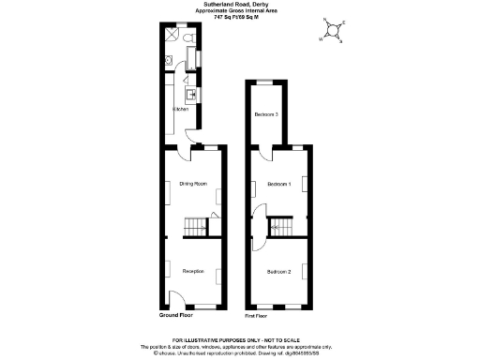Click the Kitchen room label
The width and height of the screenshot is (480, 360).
click(x=181, y=111)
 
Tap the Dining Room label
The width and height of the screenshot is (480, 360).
click(x=193, y=184)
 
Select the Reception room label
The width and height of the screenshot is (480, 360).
click(x=193, y=272)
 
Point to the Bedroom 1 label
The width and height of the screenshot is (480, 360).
click(x=279, y=184)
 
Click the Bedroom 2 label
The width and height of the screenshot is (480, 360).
click(x=279, y=272)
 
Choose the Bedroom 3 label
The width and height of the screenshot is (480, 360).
click(x=266, y=115)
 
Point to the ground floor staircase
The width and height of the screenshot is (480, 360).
click(x=195, y=227)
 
